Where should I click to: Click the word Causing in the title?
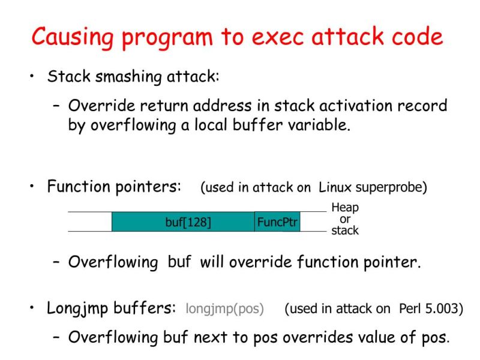71,37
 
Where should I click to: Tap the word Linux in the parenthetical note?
335,187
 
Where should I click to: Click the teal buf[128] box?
183,222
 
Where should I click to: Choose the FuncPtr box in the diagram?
277,222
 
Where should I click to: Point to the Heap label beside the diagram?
344,208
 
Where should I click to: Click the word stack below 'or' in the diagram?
344,231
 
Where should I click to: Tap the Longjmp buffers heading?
111,308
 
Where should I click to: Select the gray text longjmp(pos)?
224,309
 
